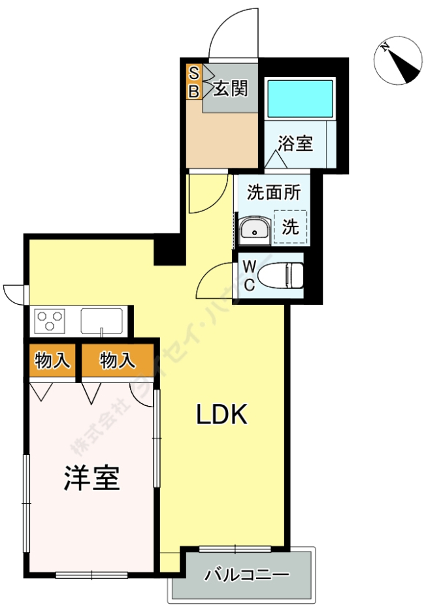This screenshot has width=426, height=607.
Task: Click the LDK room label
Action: click(222, 414)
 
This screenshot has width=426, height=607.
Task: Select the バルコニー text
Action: click(246, 575)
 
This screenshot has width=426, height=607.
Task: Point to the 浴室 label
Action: click(295, 144)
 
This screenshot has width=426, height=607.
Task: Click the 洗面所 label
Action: click(274, 193)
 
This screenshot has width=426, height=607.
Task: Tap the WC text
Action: click(250, 275)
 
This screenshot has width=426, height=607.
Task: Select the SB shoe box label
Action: click(193, 82)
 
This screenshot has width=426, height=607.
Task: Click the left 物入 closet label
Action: click(53, 360)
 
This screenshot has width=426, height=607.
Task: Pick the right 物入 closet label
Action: click(118, 360)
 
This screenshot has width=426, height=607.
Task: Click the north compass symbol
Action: click(399, 62)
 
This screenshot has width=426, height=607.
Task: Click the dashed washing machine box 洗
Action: click(290, 226)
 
